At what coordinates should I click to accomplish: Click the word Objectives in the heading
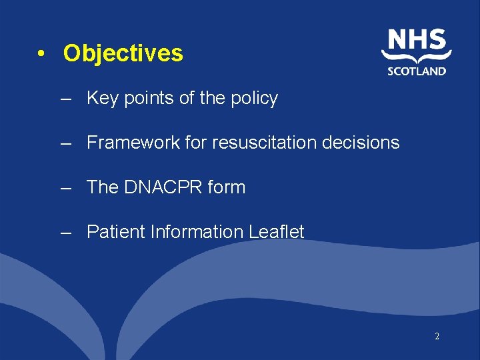pyautogui.click(x=123, y=53)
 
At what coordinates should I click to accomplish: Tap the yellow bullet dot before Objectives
pyautogui.click(x=41, y=54)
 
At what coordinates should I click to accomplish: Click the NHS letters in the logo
pyautogui.click(x=417, y=41)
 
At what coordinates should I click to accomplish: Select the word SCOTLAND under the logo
pyautogui.click(x=417, y=71)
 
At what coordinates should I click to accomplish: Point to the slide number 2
pyautogui.click(x=437, y=337)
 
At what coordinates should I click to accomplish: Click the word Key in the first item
pyautogui.click(x=102, y=99)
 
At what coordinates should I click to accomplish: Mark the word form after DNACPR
pyautogui.click(x=226, y=187)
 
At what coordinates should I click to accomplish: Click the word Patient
pyautogui.click(x=116, y=232)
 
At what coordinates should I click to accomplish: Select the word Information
pyautogui.click(x=197, y=232)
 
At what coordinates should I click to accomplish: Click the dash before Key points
pyautogui.click(x=65, y=99)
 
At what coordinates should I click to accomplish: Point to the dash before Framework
pyautogui.click(x=65, y=143)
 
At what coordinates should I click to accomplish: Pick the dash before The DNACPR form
pyautogui.click(x=65, y=188)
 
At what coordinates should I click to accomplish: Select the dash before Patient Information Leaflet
pyautogui.click(x=65, y=233)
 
